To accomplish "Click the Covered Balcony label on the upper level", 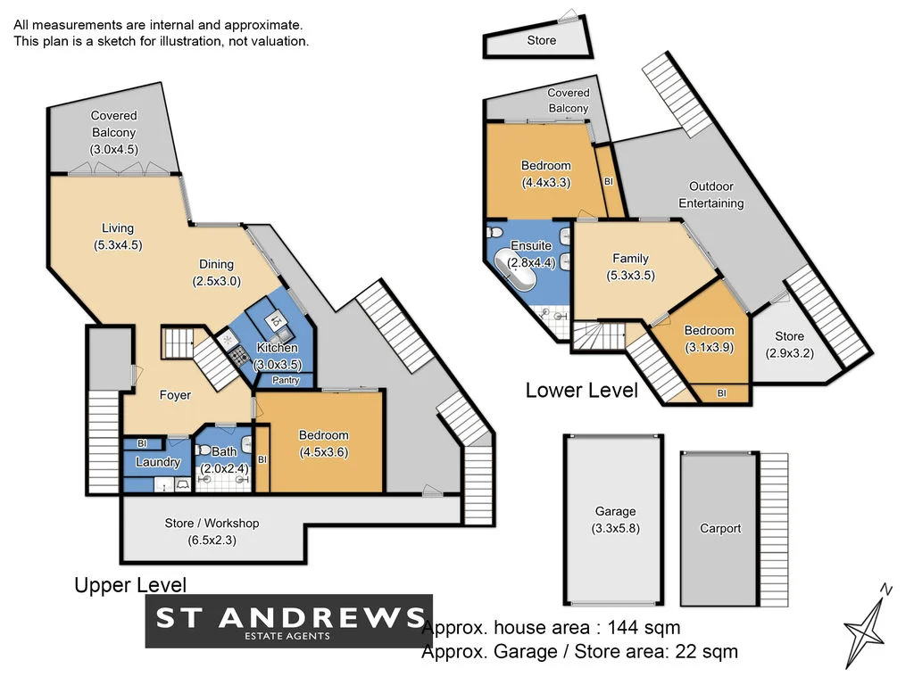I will tap(114, 124).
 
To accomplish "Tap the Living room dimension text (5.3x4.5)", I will tap(118, 244).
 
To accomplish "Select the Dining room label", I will tap(216, 264).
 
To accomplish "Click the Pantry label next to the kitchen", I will tap(286, 381).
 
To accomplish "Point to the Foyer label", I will tap(175, 395).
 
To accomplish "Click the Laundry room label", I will tap(158, 462).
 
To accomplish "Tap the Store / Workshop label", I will tap(212, 523).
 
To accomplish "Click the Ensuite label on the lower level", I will tap(531, 246).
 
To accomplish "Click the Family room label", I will tap(630, 259).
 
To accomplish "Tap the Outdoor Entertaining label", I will tap(711, 194).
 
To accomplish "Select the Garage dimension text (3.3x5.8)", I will tap(615, 527).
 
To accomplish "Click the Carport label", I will tap(720, 528).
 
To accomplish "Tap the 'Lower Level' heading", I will tap(581, 390).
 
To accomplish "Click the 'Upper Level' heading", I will tap(130, 585).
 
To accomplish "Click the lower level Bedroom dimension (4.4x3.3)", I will tap(545, 182).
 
